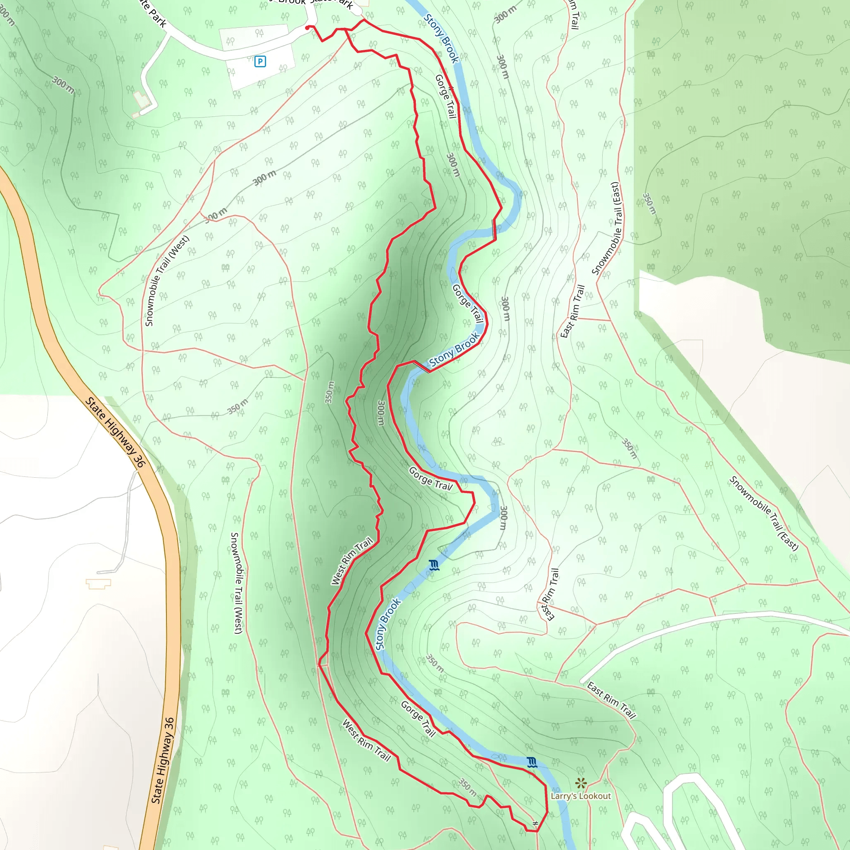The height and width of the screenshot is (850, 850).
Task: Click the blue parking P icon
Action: click(260, 61)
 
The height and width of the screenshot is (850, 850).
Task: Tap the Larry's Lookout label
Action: click(580, 796)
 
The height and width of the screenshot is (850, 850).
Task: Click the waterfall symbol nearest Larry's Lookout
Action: click(532, 762)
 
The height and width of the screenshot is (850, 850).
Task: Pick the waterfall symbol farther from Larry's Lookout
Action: click(434, 565)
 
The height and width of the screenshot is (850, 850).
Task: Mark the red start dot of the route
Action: click(307, 28)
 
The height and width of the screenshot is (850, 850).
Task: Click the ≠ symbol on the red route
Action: click(535, 823)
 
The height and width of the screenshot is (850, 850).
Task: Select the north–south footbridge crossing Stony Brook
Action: click(494, 230)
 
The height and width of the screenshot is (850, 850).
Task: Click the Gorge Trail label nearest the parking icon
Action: click(446, 96)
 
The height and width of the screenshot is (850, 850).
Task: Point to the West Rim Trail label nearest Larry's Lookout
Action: click(366, 740)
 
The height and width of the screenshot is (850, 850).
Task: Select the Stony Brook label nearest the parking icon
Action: click(441, 38)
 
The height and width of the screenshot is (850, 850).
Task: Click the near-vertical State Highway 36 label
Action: click(163, 761)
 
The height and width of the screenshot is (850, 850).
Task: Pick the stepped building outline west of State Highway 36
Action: click(98, 584)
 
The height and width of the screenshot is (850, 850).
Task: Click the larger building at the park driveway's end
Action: click(142, 100)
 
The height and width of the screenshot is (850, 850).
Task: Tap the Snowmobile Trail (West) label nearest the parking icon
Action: click(167, 281)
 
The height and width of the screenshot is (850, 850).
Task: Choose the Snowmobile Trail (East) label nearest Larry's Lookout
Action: click(763, 513)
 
